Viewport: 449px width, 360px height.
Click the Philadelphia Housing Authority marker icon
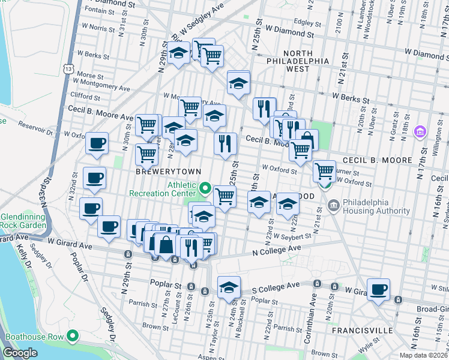pyautogui.click(x=333, y=207)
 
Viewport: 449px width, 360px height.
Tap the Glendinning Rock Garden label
pyautogui.click(x=23, y=221)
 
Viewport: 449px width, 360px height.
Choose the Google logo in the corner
pyautogui.click(x=20, y=353)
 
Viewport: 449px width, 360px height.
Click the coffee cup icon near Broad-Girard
pyautogui.click(x=378, y=290)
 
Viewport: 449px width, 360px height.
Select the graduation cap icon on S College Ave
pyautogui.click(x=229, y=287)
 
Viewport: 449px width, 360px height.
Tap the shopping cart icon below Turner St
pyautogui.click(x=324, y=170)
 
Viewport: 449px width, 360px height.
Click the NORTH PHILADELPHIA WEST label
pyautogui.click(x=299, y=61)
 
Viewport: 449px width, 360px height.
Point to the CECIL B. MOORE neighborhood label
pyautogui.click(x=377, y=161)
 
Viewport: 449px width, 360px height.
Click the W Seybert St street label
pyautogui.click(x=291, y=236)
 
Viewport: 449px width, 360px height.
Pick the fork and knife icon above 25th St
pyautogui.click(x=225, y=144)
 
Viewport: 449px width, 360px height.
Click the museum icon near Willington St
pyautogui.click(x=420, y=132)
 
